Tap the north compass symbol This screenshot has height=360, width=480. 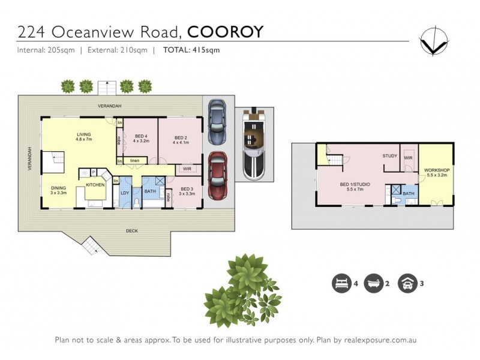click(433, 41)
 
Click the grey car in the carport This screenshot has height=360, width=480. click(217, 122)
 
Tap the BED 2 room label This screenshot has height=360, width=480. click(181, 139)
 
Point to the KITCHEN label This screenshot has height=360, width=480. click(95, 185)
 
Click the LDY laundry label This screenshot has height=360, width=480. click(125, 193)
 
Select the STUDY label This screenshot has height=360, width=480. click(389, 156)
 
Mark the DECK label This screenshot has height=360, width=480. click(132, 231)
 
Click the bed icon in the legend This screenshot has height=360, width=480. click(340, 283)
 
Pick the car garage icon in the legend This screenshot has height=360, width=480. click(408, 283)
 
